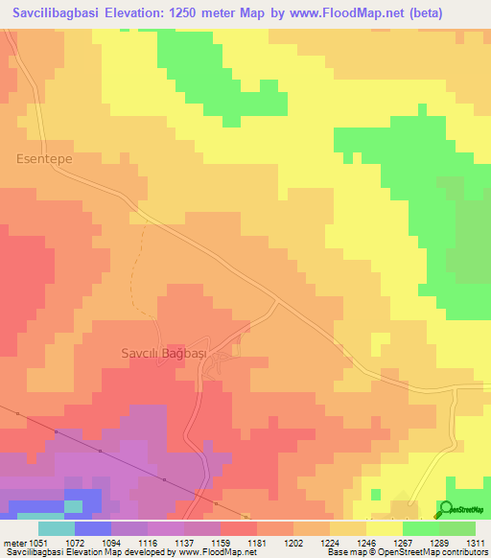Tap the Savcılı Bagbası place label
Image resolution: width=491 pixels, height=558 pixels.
pyautogui.click(x=164, y=353)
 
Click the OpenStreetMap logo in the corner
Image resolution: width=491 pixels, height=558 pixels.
pyautogui.click(x=462, y=509)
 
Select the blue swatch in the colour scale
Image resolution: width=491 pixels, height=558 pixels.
pyautogui.click(x=93, y=528)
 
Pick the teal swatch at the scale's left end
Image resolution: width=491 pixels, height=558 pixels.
pyautogui.click(x=57, y=528)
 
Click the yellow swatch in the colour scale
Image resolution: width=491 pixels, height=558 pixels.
pyautogui.click(x=384, y=528)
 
